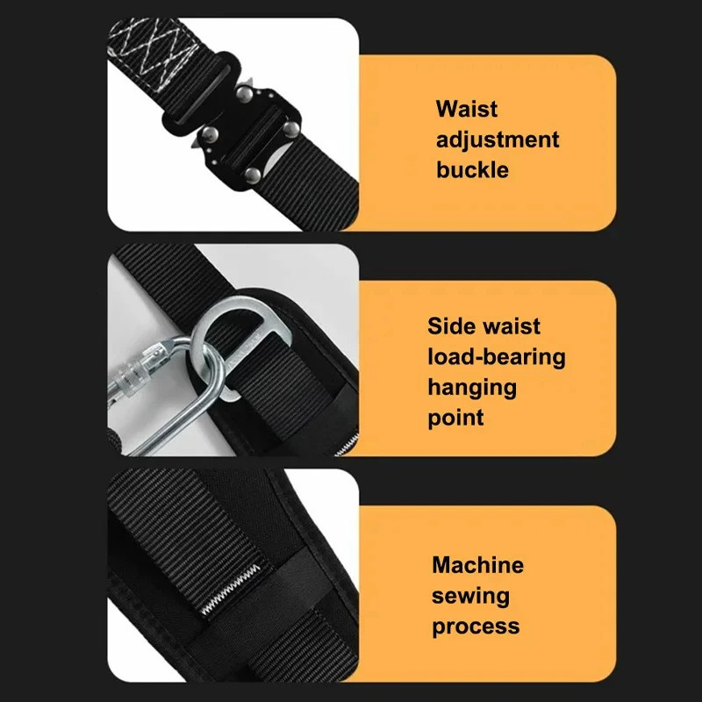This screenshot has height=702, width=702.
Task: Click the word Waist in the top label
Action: pyautogui.click(x=467, y=110)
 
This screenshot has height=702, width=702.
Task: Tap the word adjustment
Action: pyautogui.click(x=498, y=140)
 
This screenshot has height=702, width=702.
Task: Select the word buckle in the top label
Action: pyautogui.click(x=472, y=169)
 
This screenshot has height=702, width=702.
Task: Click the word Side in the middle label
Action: pyautogui.click(x=450, y=326)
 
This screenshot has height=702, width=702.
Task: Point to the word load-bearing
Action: pyautogui.click(x=497, y=356)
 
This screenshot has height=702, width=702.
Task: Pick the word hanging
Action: pyautogui.click(x=472, y=387)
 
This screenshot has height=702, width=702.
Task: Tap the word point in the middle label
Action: pyautogui.click(x=455, y=418)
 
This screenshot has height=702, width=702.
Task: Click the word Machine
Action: pyautogui.click(x=477, y=565)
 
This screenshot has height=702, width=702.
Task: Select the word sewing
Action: pyautogui.click(x=469, y=596)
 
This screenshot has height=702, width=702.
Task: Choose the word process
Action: pyautogui.click(x=475, y=627)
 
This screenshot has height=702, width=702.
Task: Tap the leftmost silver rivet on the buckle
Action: pyautogui.click(x=210, y=134)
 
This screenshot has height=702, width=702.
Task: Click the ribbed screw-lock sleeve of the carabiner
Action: pyautogui.click(x=132, y=367)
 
